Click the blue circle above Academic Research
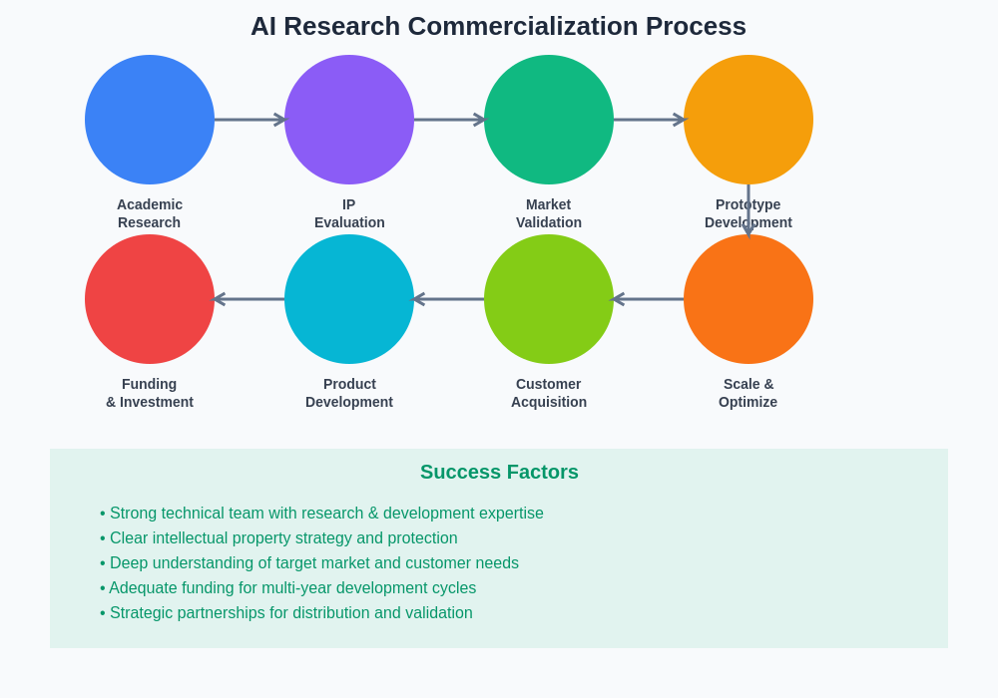tap(150, 120)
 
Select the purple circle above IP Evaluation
tap(349, 120)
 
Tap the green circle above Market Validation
tap(549, 120)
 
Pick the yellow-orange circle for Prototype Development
tap(748, 120)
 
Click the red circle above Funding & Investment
tap(150, 299)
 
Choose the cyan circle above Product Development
tap(349, 299)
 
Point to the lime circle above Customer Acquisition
tap(549, 299)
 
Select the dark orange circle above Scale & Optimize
tap(748, 299)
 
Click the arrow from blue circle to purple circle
tap(249, 120)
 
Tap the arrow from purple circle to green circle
tap(449, 120)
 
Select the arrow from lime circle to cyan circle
tap(449, 299)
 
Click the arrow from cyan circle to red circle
tap(249, 299)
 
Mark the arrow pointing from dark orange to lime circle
tap(649, 299)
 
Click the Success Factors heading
tap(499, 472)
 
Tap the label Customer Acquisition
tap(549, 393)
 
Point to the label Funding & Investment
tap(150, 393)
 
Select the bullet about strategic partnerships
tap(286, 613)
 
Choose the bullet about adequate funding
tap(288, 588)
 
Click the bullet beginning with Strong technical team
tap(321, 514)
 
